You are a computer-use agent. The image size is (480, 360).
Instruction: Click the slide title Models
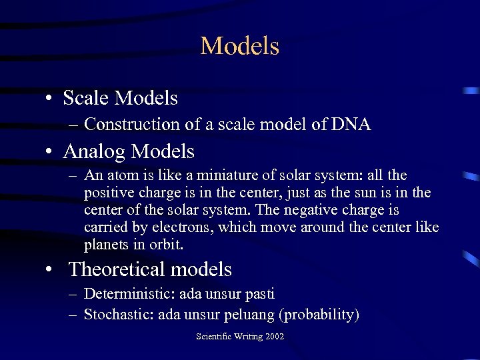click(x=239, y=46)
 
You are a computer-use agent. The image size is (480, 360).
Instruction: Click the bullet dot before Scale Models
click(x=50, y=99)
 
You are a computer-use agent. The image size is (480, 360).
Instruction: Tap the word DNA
click(x=351, y=124)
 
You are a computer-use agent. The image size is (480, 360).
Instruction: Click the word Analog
click(x=94, y=152)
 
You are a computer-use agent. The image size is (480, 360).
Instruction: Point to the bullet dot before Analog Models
click(x=50, y=153)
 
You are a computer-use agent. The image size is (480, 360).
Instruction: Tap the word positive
click(x=109, y=193)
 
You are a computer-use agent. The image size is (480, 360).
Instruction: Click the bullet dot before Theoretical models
click(x=50, y=270)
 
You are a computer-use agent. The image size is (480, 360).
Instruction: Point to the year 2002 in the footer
click(x=273, y=337)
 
